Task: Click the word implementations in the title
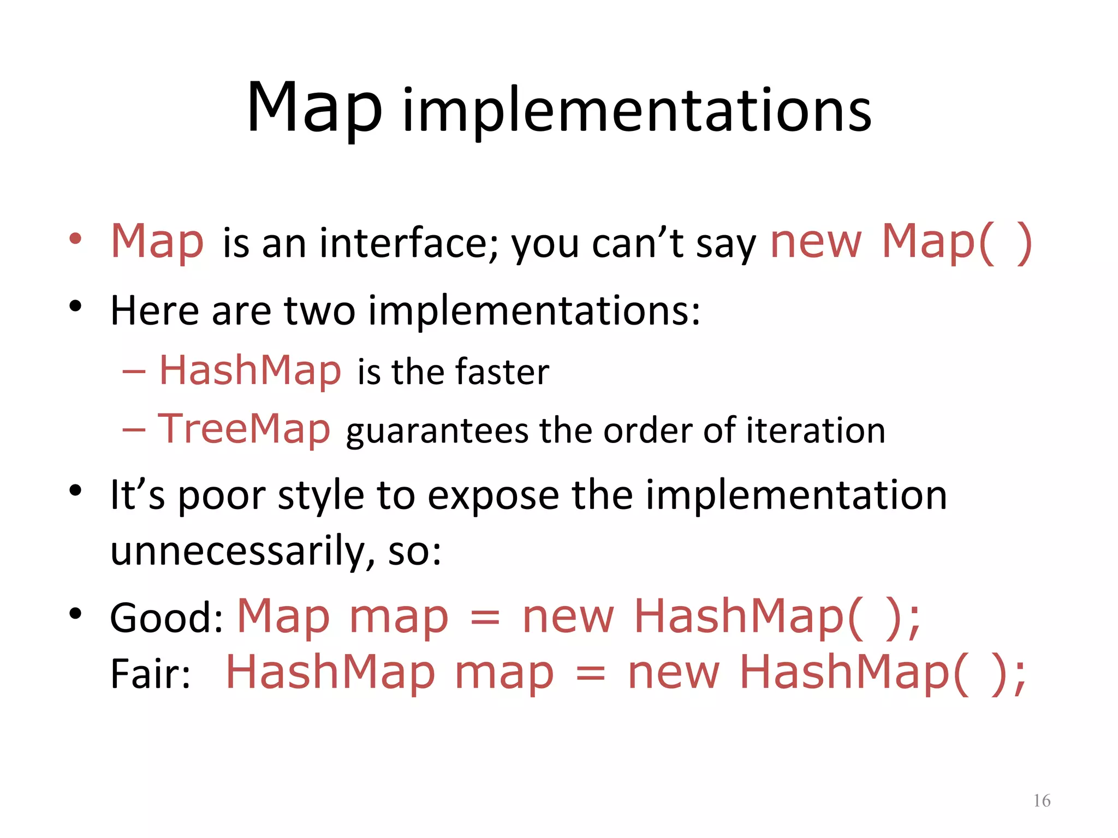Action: point(637,112)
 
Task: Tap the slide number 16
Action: point(1042,800)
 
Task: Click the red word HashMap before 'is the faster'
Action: point(250,370)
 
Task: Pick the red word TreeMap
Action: point(244,429)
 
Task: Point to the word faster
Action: point(502,372)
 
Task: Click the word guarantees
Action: point(437,432)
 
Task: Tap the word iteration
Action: point(816,430)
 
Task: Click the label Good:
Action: point(166,618)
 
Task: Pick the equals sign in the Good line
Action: point(485,619)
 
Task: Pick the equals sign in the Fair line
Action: point(591,675)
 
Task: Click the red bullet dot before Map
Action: point(75,238)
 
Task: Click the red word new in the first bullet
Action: point(816,243)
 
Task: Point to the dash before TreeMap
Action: point(134,429)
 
